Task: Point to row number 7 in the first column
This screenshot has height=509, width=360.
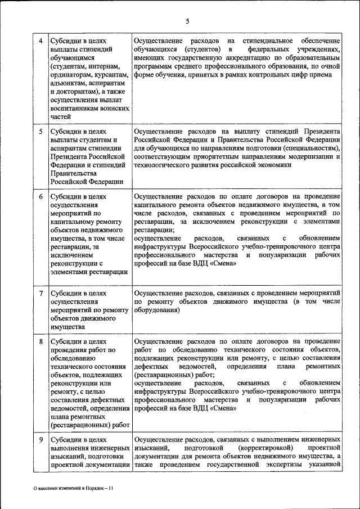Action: [40, 294]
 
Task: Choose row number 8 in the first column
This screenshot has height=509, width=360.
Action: [40, 341]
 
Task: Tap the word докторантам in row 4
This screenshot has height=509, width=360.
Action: [74, 92]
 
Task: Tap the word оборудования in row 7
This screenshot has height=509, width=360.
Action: [157, 310]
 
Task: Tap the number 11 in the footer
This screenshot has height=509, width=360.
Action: [110, 489]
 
